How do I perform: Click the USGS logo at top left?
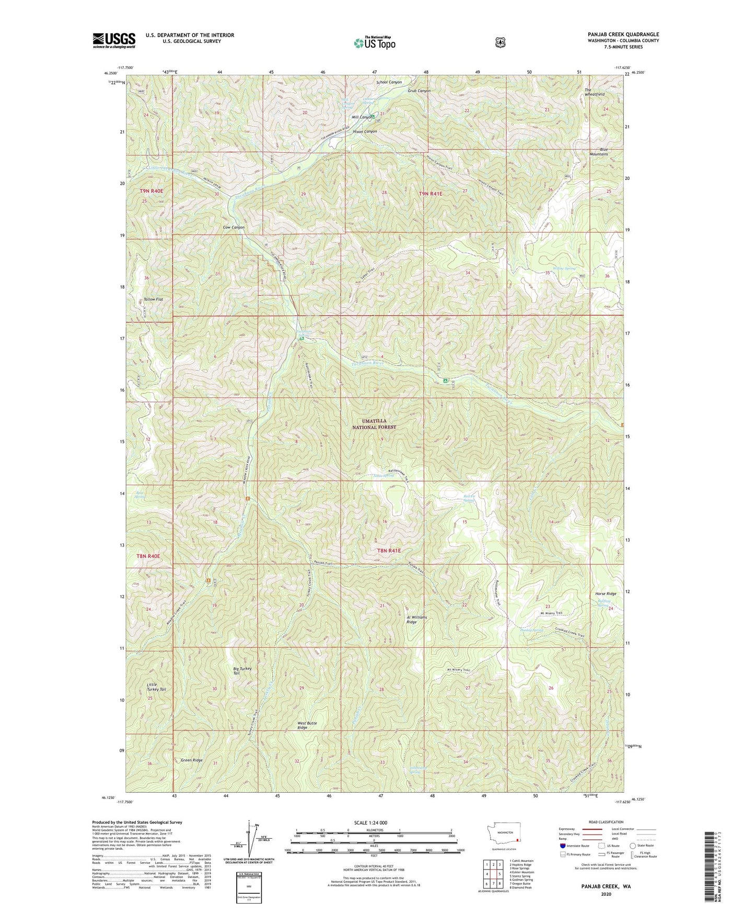point(114,40)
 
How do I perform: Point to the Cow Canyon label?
point(234,227)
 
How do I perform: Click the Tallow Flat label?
point(154,300)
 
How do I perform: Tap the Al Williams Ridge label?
point(416,620)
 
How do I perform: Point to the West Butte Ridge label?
point(307,725)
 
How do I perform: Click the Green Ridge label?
point(191,760)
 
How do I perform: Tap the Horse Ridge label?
point(606,594)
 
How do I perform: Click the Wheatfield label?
point(594,92)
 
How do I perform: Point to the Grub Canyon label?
point(419,91)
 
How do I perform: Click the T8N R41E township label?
point(389,551)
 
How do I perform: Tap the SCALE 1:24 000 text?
point(373,823)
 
